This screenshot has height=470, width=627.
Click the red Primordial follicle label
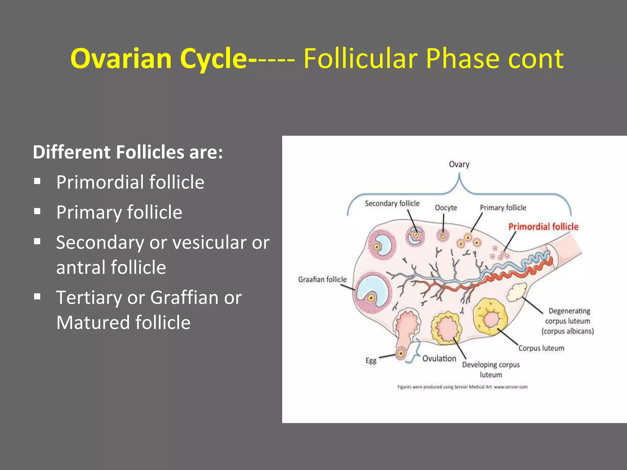(x=543, y=227)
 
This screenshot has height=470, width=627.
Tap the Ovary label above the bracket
(x=459, y=164)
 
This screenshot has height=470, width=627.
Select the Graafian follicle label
(x=322, y=279)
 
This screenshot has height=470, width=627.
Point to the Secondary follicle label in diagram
(x=392, y=203)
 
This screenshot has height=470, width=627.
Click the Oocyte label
(x=446, y=208)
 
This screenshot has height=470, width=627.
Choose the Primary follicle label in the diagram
(x=503, y=208)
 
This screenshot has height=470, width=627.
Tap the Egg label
(x=371, y=360)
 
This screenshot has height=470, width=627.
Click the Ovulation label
(x=439, y=359)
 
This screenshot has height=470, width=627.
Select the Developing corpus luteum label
(x=491, y=370)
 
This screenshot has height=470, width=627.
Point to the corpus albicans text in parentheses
(x=567, y=331)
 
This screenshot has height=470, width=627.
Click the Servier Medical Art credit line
(x=462, y=387)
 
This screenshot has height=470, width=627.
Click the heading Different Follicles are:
(x=128, y=152)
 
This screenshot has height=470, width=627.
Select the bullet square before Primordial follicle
(x=37, y=181)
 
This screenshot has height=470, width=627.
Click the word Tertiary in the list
(x=89, y=297)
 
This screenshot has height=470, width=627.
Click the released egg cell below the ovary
(x=401, y=353)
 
